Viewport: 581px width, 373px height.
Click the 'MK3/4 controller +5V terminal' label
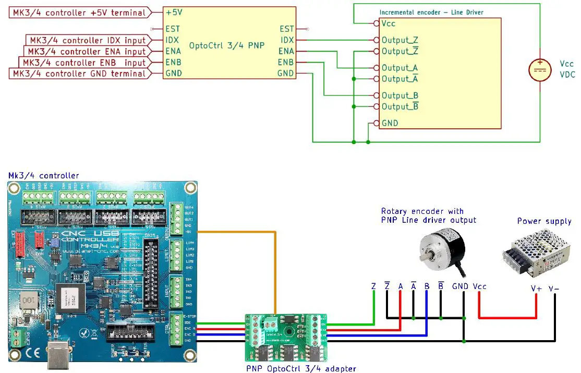(78, 11)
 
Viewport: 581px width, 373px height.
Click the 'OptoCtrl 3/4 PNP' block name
(227, 45)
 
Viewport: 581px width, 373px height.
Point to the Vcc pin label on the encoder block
(388, 23)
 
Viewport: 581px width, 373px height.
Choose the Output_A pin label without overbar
(400, 68)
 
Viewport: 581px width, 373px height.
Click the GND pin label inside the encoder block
(390, 123)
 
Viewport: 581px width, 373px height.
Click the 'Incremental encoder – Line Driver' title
(430, 12)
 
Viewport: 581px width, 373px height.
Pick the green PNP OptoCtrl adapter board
(286, 336)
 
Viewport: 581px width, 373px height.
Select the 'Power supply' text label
(544, 221)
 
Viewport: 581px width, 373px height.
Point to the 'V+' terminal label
(536, 288)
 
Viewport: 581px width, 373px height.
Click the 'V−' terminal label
(554, 288)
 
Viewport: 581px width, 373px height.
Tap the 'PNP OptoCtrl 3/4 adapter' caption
(301, 368)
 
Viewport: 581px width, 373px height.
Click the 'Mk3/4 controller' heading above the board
(44, 175)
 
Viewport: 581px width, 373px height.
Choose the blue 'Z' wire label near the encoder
(373, 286)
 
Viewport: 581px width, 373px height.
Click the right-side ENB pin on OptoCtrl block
(286, 63)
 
